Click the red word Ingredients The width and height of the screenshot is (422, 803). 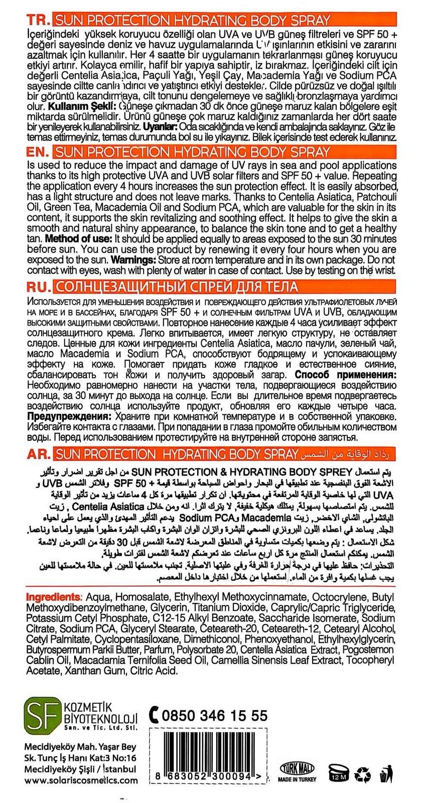click(x=53, y=597)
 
